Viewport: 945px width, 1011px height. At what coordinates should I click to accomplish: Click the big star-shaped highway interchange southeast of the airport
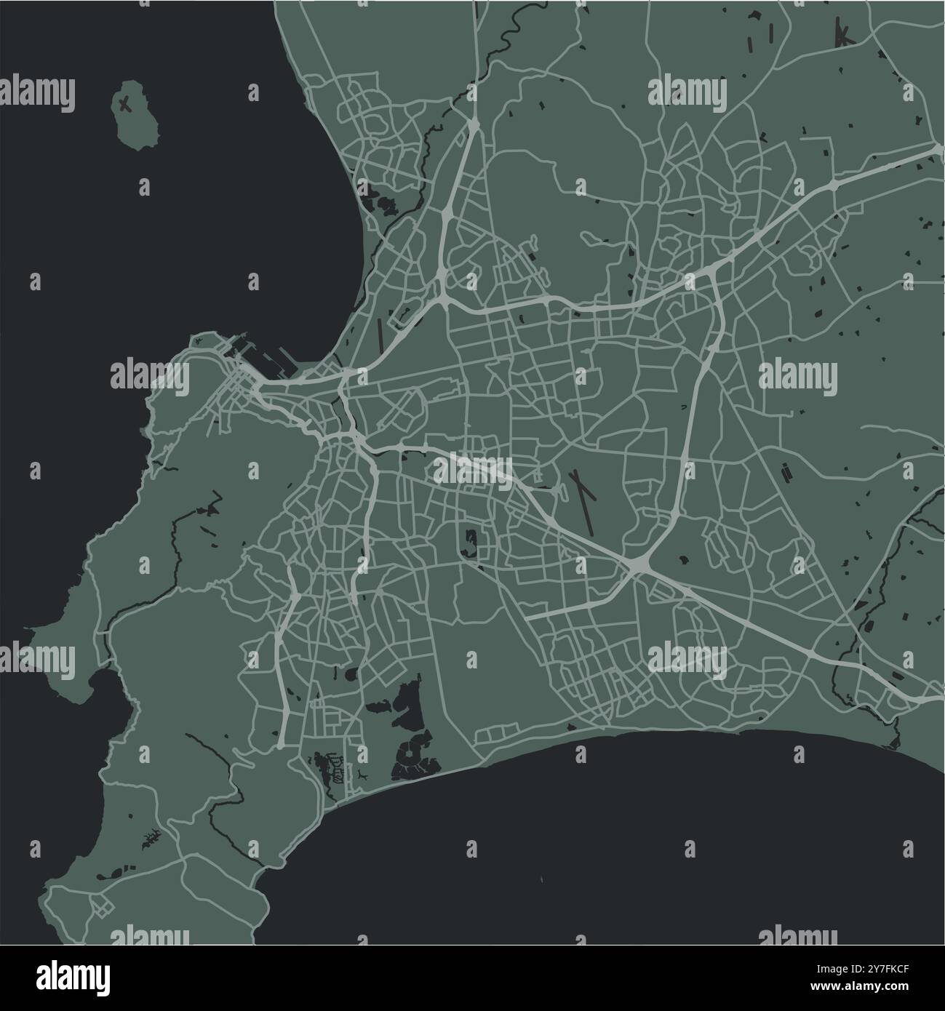point(638,564)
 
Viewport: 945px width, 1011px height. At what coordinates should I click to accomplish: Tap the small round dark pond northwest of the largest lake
point(352,674)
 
